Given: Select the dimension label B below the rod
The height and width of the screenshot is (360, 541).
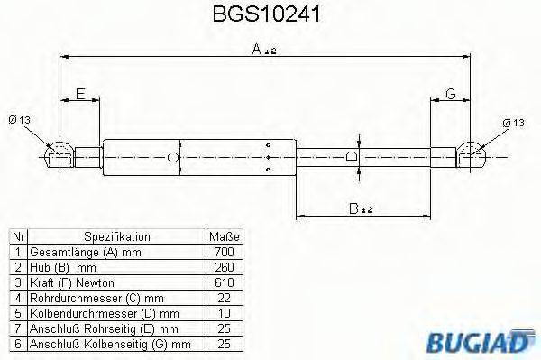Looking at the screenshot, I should coord(358,208).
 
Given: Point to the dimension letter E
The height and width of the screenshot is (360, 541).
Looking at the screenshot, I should coord(80,93).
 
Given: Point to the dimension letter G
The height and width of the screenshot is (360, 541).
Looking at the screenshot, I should coord(450,93).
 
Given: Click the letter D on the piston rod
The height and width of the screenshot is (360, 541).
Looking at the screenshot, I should coord(352,155).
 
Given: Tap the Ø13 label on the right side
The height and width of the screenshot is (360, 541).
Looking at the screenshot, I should coord(511,122).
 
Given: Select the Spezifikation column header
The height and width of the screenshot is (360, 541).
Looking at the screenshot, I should coord(117,236).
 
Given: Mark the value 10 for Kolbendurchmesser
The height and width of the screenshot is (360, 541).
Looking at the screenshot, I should coord(225,313).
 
